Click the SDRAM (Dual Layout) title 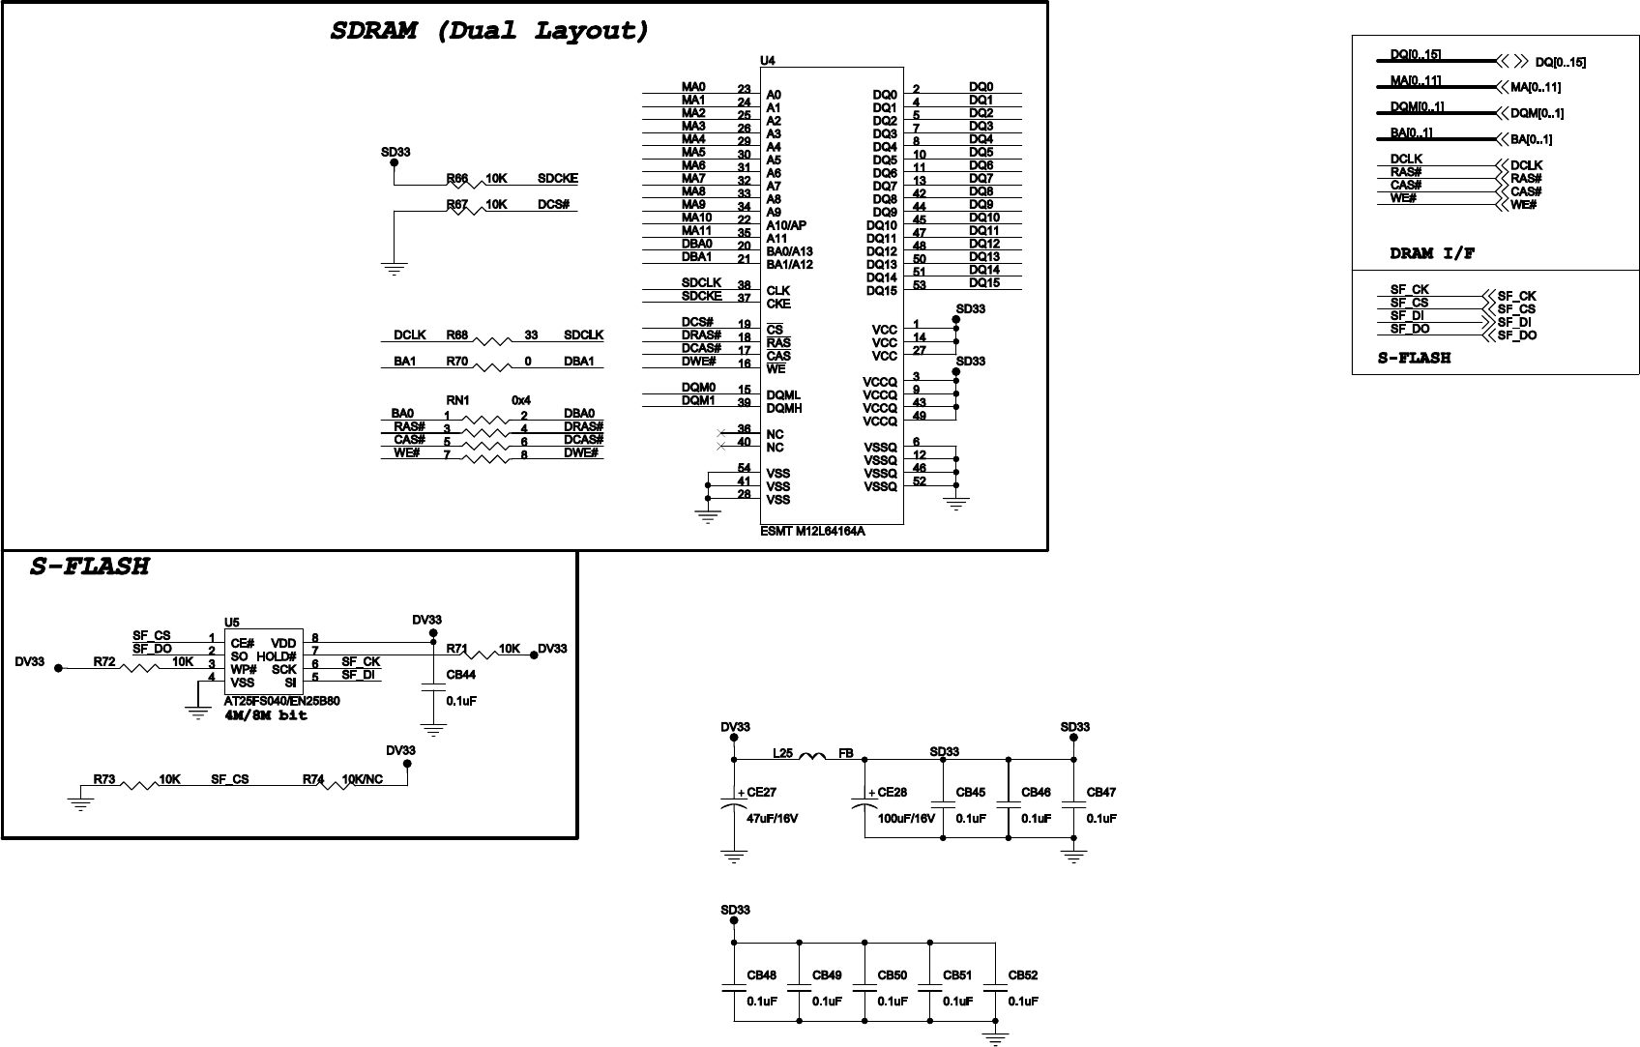point(488,31)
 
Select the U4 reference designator point(767,60)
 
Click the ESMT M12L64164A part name point(812,531)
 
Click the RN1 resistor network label point(457,399)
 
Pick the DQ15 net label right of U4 point(983,283)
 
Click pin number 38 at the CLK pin point(744,285)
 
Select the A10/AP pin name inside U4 point(786,225)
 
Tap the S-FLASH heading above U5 point(90,567)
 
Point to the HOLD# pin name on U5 point(277,656)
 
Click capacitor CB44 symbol point(432,688)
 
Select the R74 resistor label point(312,779)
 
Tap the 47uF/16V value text point(772,819)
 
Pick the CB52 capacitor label point(1022,975)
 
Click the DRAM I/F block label point(1432,254)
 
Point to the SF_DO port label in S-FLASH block point(1516,335)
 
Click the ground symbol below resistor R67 point(394,270)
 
